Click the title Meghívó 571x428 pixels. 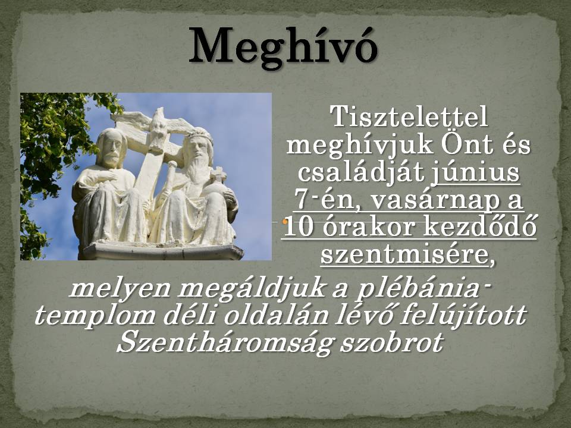click(283, 48)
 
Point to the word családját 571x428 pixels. click(362, 173)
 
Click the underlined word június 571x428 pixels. click(476, 173)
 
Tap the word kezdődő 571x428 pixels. click(480, 227)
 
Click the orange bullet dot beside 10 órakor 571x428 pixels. click(285, 222)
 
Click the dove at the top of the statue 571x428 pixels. click(156, 125)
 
